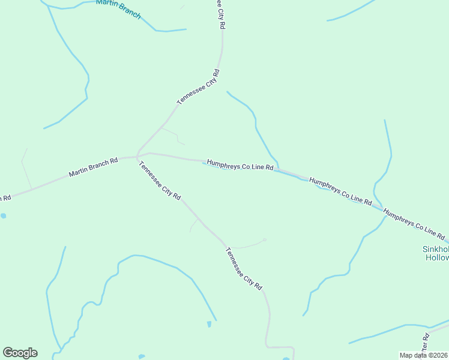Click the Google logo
pos(20,352)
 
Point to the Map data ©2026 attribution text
pos(424,355)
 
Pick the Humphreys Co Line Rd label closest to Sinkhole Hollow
pos(414,224)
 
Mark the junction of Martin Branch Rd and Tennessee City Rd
pos(138,157)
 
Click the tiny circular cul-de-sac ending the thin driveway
pos(265,240)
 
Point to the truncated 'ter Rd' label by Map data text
pos(424,343)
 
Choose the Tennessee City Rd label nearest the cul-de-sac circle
pos(244,269)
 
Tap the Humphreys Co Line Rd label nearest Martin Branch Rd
pos(240,165)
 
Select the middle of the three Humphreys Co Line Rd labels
pos(340,190)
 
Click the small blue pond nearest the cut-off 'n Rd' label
pos(4,215)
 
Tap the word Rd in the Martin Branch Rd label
pos(113,161)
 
